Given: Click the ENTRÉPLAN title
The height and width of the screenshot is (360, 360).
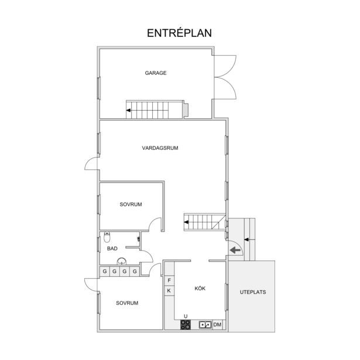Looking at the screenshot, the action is pyautogui.click(x=179, y=33).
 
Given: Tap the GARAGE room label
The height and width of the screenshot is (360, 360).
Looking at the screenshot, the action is pyautogui.click(x=156, y=73).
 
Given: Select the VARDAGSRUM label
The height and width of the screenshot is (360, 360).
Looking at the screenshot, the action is pyautogui.click(x=160, y=148).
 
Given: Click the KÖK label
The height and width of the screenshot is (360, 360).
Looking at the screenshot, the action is pyautogui.click(x=200, y=288).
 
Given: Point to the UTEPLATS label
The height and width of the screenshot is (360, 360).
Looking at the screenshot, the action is pyautogui.click(x=253, y=292).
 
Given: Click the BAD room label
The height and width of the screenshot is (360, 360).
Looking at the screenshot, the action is pyautogui.click(x=112, y=248).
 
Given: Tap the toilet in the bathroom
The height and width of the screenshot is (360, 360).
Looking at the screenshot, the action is pyautogui.click(x=107, y=237).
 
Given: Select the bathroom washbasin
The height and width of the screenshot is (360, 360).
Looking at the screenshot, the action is pyautogui.click(x=122, y=261).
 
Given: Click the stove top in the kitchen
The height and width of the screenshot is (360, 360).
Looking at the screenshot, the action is pyautogui.click(x=186, y=325).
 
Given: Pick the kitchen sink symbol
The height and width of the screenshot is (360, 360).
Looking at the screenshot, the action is pyautogui.click(x=205, y=325).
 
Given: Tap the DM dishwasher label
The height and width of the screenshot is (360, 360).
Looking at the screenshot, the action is pyautogui.click(x=217, y=325).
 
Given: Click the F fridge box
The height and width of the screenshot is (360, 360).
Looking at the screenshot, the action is pyautogui.click(x=169, y=280).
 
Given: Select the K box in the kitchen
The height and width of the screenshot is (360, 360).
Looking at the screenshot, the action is pyautogui.click(x=169, y=291).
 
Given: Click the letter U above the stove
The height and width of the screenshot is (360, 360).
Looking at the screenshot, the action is pyautogui.click(x=186, y=317).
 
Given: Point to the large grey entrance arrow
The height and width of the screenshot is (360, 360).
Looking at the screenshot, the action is pyautogui.click(x=235, y=250).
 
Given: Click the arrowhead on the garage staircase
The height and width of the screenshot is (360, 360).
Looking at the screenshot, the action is pyautogui.click(x=128, y=111).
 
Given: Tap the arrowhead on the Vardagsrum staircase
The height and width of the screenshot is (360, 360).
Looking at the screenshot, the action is pyautogui.click(x=186, y=222).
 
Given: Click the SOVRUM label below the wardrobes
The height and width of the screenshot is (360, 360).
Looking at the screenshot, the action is pyautogui.click(x=127, y=303).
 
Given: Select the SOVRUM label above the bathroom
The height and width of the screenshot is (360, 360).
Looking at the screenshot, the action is pyautogui.click(x=131, y=204).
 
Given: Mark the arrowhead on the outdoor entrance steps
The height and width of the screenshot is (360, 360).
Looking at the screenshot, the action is pyautogui.click(x=246, y=239).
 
